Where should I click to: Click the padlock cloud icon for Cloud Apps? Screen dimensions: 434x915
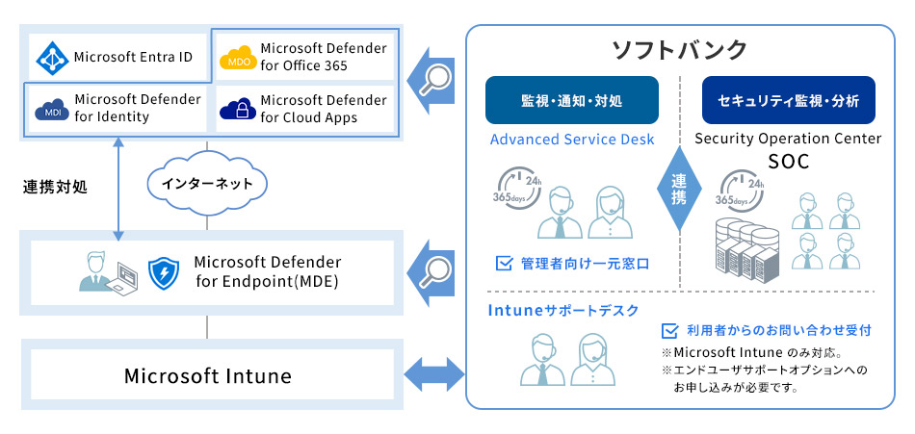point(237,109)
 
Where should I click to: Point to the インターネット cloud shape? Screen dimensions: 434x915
point(207,183)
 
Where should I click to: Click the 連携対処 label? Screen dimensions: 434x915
point(55,187)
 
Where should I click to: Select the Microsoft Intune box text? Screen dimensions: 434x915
point(207,375)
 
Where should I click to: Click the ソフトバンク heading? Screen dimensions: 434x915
point(680,48)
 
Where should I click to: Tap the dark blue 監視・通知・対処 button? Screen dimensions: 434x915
point(571,101)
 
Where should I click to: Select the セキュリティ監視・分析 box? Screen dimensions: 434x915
point(788,101)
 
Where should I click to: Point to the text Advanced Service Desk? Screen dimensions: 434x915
point(572,140)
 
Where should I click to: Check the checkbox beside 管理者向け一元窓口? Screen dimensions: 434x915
point(503,262)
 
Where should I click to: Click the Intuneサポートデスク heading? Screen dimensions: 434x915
point(563,310)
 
